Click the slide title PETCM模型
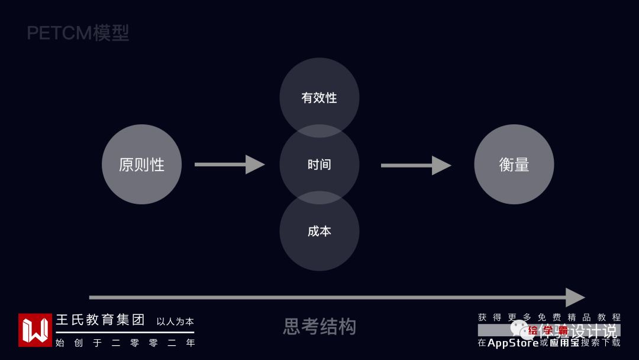78,33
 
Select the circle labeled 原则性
141,165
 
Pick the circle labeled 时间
319,165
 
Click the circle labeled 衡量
514,165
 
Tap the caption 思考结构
319,326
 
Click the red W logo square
35,330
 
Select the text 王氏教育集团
101,320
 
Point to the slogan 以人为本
175,322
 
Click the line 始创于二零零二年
125,342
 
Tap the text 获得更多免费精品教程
549,317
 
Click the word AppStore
513,343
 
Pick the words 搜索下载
601,343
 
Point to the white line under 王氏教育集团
125,332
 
